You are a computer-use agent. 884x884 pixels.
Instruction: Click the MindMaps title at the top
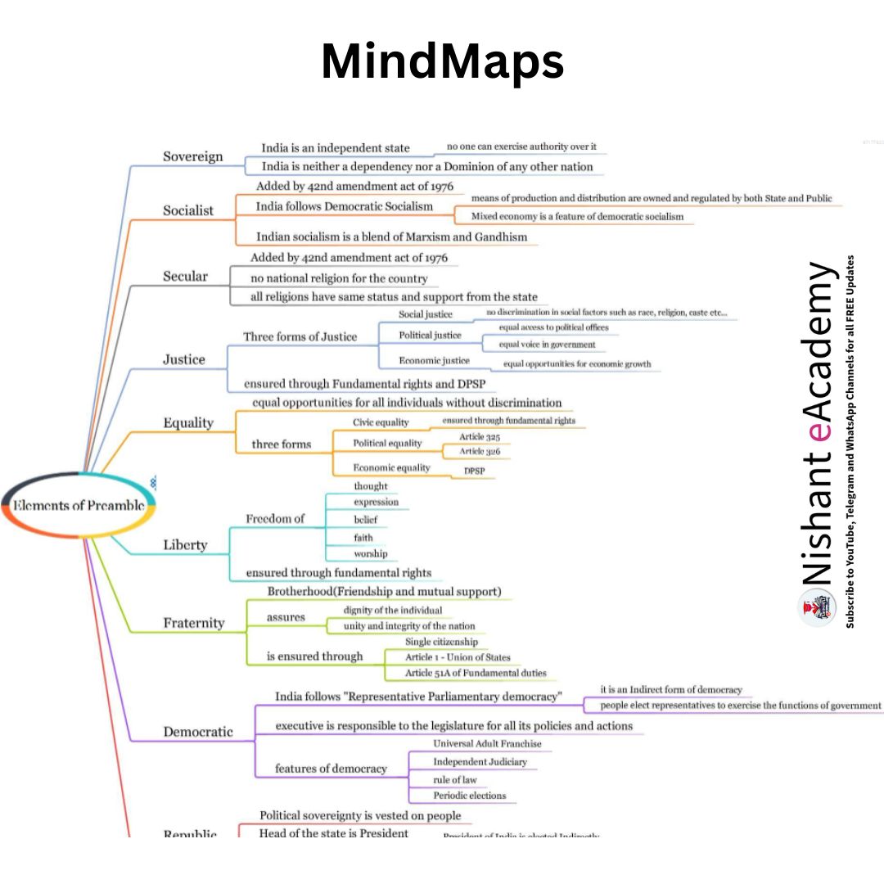tap(442, 62)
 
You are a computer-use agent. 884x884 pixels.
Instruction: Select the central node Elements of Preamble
tap(79, 506)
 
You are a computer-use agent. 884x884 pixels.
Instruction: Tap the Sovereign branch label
tap(192, 156)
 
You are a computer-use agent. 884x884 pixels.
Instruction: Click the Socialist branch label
tap(187, 210)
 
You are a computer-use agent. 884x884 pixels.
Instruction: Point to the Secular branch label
tap(185, 277)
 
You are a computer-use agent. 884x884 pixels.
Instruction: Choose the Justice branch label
tap(183, 359)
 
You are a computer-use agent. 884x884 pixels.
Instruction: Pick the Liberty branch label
tap(185, 545)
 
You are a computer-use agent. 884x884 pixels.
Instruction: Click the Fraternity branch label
tap(193, 623)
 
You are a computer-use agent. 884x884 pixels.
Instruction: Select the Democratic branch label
tap(198, 732)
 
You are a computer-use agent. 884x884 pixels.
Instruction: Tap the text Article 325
tap(480, 437)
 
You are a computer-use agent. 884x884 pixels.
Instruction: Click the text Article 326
tap(480, 451)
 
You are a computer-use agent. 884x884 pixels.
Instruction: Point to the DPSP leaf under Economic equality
tap(474, 471)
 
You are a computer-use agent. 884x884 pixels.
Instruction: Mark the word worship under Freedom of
tap(370, 554)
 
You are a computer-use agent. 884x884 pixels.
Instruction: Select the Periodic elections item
tap(469, 796)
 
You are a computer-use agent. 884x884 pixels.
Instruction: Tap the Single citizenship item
tap(441, 642)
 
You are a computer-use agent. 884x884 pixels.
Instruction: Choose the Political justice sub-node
tap(430, 335)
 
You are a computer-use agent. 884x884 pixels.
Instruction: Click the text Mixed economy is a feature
tap(577, 217)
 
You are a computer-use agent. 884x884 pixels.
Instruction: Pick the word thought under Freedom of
tap(370, 486)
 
